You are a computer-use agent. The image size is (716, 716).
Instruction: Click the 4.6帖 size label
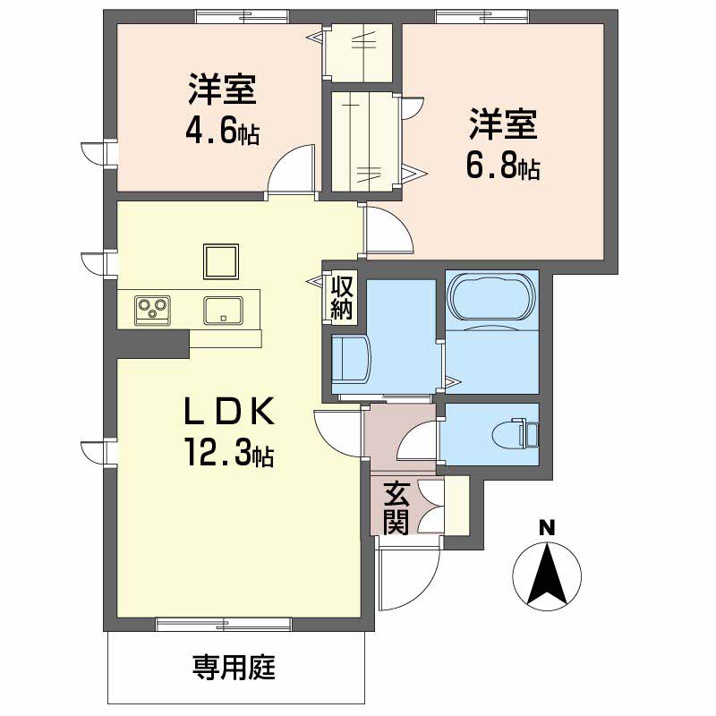coord(222,132)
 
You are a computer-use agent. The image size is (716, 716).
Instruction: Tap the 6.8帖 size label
coord(504,166)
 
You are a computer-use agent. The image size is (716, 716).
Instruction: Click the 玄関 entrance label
coord(396,507)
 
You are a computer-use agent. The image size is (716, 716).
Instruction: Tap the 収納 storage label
coord(342,299)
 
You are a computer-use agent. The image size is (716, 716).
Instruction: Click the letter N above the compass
coord(546,527)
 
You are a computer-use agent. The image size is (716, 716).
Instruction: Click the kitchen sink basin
coord(222,311)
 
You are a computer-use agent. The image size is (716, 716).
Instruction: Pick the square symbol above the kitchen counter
coord(221,262)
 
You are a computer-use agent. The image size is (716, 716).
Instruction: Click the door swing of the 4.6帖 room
coord(293,170)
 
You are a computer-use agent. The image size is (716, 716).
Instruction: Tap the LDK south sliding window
coord(223,624)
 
